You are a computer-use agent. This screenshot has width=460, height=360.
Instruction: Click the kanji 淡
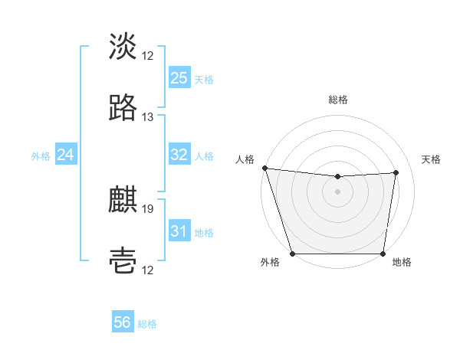tap(123, 47)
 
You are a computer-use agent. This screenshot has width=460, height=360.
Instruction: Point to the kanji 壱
tap(123, 261)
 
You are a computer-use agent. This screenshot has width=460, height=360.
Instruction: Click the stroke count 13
tap(148, 117)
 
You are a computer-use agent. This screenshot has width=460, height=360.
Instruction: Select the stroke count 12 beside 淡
tap(148, 56)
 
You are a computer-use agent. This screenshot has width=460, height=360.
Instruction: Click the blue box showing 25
tap(179, 78)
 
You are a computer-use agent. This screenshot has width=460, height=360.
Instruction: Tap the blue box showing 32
tap(179, 155)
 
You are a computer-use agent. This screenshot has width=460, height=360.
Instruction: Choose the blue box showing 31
tap(179, 231)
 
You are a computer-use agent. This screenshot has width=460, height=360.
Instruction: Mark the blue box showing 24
tap(65, 155)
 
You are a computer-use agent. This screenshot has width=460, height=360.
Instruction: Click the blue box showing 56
tap(122, 323)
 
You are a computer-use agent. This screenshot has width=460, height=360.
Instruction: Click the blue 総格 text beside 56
tap(147, 324)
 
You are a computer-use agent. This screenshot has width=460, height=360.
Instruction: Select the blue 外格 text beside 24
tap(41, 156)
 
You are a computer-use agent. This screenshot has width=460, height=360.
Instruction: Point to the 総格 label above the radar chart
tap(338, 100)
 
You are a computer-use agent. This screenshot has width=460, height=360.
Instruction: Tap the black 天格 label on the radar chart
tap(432, 159)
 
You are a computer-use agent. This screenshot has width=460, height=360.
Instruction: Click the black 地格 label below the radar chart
tap(402, 263)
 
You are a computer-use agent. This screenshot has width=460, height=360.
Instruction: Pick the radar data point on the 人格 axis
tap(264, 168)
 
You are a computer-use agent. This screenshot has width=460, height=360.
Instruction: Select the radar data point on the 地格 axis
tap(383, 254)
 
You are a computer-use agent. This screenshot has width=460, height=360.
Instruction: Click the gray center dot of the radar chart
tap(338, 191)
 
